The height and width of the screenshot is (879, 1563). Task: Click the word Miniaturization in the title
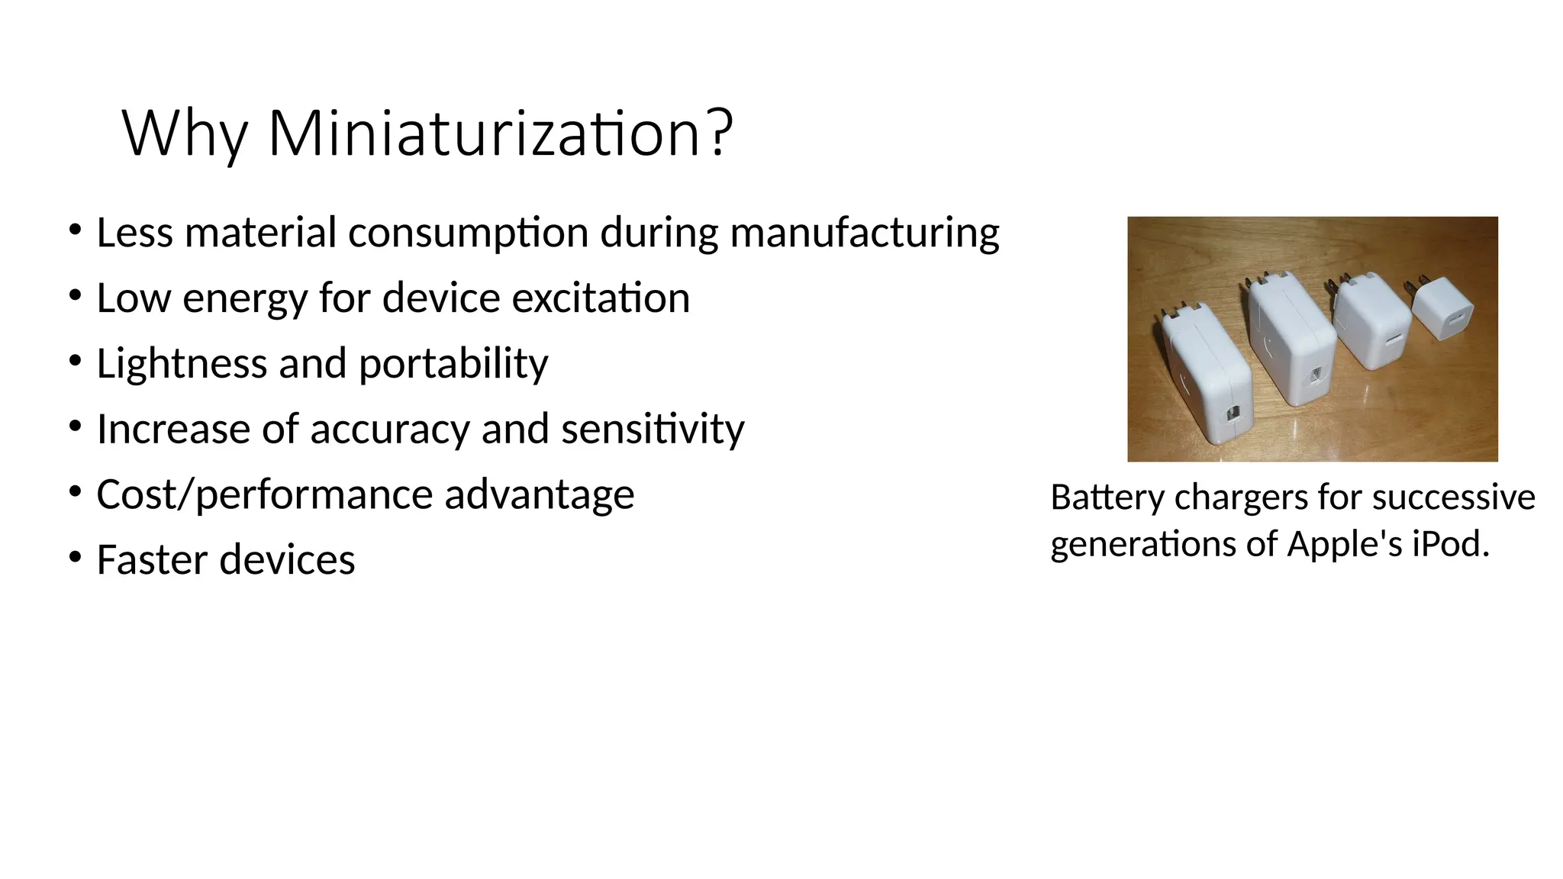485,134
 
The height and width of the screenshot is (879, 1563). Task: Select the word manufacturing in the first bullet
865,233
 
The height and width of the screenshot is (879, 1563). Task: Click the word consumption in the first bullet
468,233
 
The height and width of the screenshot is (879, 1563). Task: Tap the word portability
453,364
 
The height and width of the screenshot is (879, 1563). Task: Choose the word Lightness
181,363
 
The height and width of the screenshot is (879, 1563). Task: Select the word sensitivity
653,429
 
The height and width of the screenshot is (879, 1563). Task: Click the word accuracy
389,430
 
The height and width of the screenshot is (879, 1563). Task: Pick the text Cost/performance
264,495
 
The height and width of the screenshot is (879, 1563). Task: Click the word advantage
539,495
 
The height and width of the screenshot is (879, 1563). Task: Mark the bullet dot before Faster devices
75,558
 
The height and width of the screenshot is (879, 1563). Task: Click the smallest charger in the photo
1442,309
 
